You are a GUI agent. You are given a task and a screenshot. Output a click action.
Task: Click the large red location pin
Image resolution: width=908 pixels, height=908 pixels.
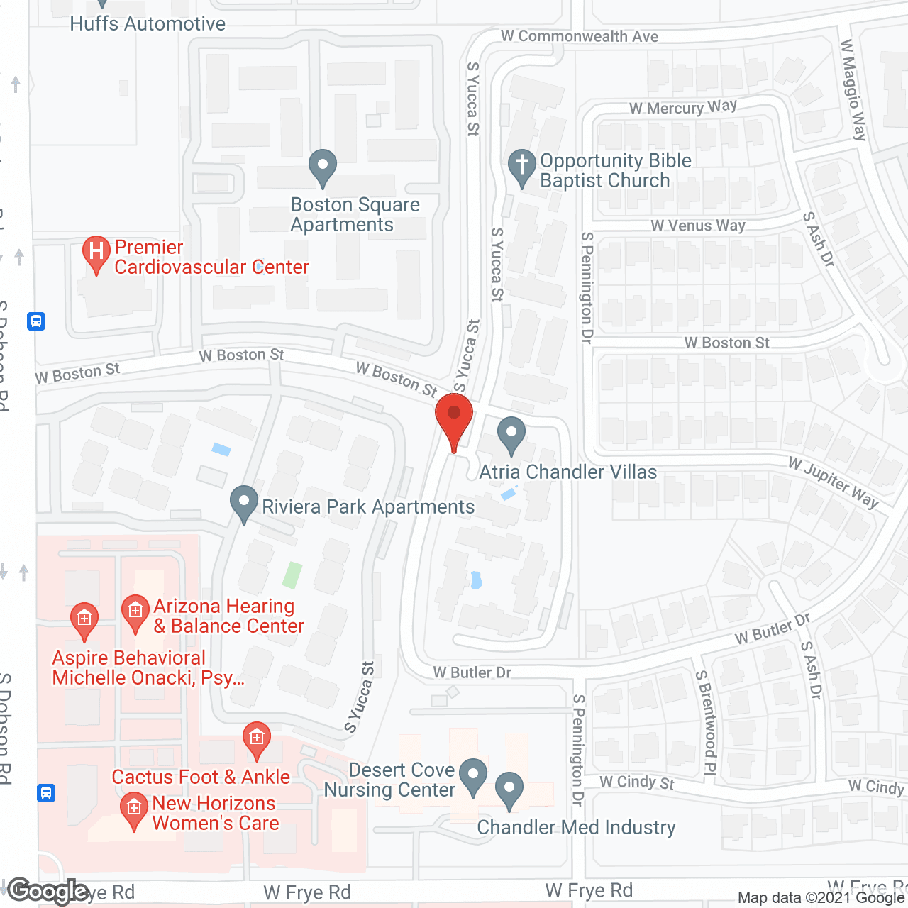point(454,419)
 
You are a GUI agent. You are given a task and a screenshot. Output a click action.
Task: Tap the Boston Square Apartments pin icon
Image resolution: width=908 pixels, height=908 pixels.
point(323,167)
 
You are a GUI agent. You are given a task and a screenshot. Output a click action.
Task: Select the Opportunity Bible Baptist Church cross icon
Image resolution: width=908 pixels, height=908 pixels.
point(522,167)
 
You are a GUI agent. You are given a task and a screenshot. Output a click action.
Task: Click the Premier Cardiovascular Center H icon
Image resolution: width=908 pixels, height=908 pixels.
point(96,253)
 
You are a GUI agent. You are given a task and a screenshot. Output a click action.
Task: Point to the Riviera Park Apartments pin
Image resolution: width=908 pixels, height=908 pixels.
point(244,503)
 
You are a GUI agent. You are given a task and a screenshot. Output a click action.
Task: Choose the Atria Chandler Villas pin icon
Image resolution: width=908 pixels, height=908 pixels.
point(511,434)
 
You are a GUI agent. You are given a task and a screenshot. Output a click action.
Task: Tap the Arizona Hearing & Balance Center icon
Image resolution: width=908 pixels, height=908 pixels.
point(135,613)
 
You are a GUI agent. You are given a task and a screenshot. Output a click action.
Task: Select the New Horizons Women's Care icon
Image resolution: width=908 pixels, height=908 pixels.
point(133,810)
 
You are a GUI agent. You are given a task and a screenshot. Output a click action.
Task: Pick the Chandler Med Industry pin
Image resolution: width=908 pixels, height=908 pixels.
point(509,790)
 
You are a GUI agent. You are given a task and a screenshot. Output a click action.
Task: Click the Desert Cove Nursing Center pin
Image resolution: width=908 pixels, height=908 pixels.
point(473,776)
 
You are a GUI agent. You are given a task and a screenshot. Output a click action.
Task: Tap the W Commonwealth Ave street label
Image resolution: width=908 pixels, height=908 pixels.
point(580,36)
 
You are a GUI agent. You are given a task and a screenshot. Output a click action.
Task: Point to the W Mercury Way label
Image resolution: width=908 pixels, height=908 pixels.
point(682,108)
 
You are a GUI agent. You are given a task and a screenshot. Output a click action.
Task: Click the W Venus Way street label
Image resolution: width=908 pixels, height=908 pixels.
point(698,226)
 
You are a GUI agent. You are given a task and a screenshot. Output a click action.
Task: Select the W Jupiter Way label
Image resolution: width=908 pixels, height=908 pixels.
point(833,483)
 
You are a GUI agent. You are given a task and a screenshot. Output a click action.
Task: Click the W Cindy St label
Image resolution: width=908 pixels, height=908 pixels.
point(636,782)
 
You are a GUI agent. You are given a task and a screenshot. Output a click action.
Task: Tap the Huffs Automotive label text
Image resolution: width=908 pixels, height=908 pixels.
point(148,23)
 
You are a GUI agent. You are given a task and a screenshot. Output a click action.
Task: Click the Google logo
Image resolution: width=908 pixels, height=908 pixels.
point(48,891)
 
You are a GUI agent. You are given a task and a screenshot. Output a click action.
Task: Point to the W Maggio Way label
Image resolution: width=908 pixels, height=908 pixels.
point(853,90)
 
